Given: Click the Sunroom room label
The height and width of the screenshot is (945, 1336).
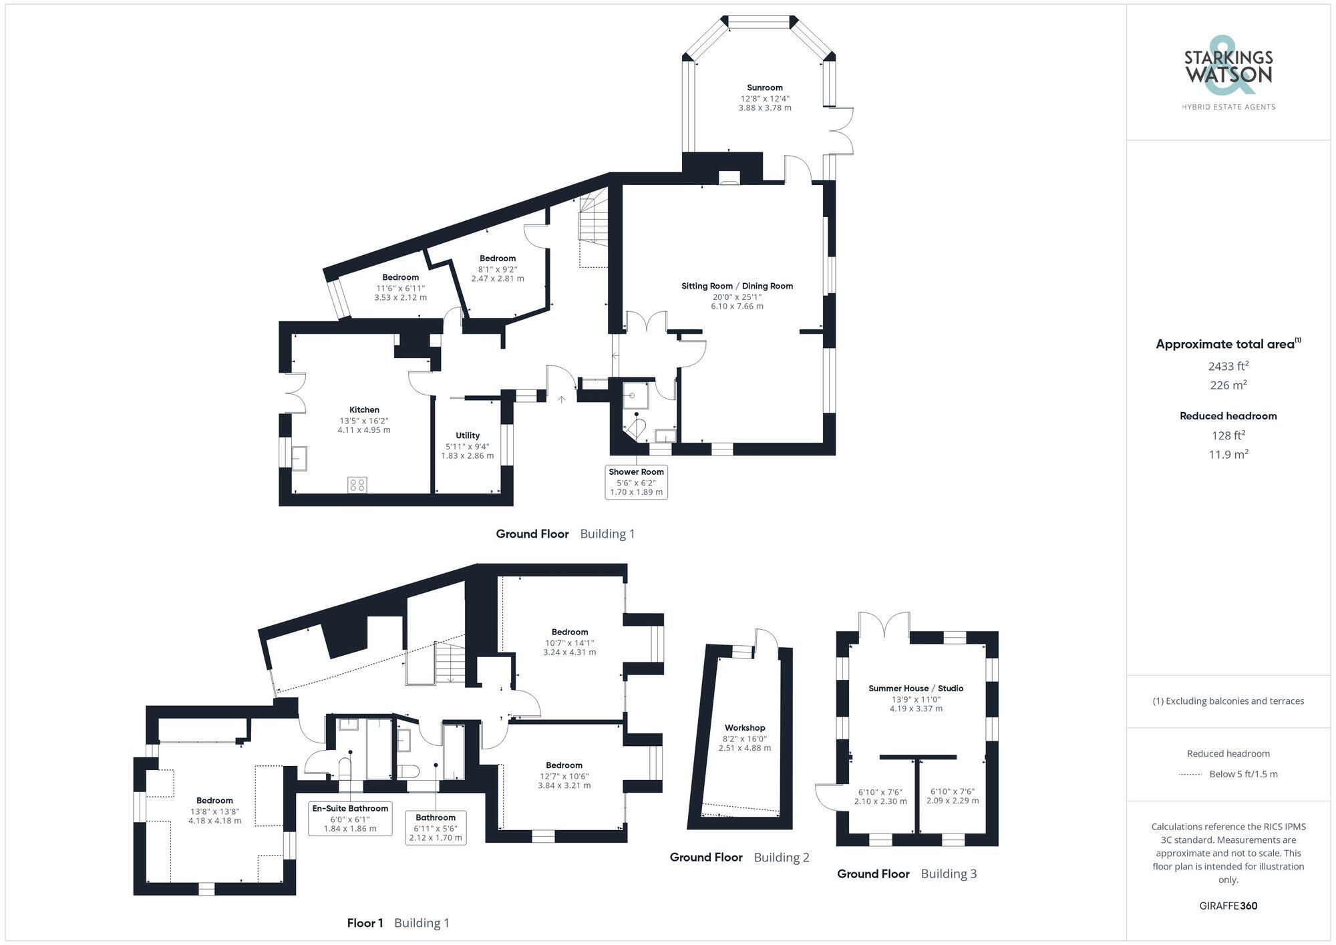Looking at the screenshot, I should coord(764,88).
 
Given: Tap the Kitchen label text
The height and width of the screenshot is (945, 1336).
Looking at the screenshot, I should coord(364,410).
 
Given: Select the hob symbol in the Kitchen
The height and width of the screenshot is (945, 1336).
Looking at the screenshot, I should coord(357,485).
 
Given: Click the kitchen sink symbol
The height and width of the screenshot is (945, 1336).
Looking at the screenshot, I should coord(299,457).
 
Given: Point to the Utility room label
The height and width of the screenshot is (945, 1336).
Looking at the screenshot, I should coord(468,435).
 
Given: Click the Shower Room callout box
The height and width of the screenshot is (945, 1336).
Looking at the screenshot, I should coord(636,482).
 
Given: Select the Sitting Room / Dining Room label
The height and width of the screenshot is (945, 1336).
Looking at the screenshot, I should coord(737,286).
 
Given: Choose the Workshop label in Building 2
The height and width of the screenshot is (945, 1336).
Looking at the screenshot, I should coord(745,728).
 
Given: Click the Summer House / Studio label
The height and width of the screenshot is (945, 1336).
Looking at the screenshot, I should coord(915,689).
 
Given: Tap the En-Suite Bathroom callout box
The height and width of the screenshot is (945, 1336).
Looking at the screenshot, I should coord(350,818).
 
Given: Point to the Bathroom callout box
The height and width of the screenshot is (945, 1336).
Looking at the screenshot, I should coord(436,827).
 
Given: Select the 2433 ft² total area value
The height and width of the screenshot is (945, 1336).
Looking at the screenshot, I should coord(1228,366).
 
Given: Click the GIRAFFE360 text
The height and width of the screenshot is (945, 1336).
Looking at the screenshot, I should coord(1228,906).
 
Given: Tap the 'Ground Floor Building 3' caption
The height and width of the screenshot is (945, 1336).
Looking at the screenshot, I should coord(906,874).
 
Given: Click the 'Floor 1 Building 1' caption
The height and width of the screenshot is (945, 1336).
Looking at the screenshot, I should coord(398,923).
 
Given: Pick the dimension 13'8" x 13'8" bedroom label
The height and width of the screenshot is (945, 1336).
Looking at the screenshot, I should coord(214,811).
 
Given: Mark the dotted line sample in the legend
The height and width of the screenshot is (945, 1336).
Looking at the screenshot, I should coord(1190,775).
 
